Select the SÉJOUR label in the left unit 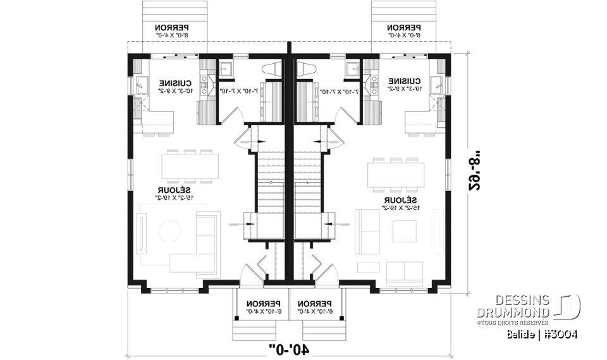175,190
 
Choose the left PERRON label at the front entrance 262,304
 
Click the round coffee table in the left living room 170,232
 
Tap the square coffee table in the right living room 405,232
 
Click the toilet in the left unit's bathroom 273,70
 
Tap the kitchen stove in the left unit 205,83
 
